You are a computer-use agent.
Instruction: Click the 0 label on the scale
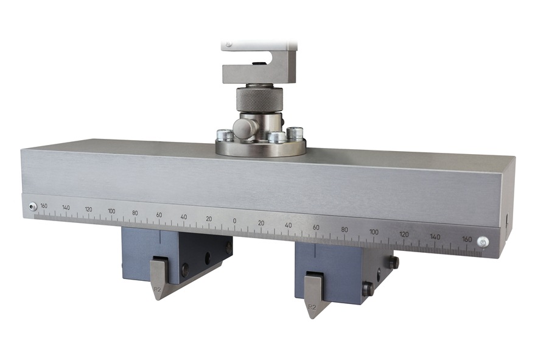point(234,221)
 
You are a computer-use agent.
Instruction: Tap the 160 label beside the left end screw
point(44,206)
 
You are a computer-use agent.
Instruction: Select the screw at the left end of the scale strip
point(32,207)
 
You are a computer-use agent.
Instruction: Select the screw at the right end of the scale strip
point(483,242)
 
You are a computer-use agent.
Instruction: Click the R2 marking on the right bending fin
point(312,308)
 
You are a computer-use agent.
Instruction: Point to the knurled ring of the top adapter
point(259,98)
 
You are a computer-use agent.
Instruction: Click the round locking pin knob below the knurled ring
point(242,127)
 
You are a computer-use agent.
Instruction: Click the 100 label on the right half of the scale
point(374,231)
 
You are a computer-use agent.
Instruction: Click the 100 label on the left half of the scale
point(111,211)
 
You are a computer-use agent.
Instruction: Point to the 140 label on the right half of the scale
point(435,236)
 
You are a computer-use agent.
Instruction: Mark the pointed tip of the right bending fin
point(310,317)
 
